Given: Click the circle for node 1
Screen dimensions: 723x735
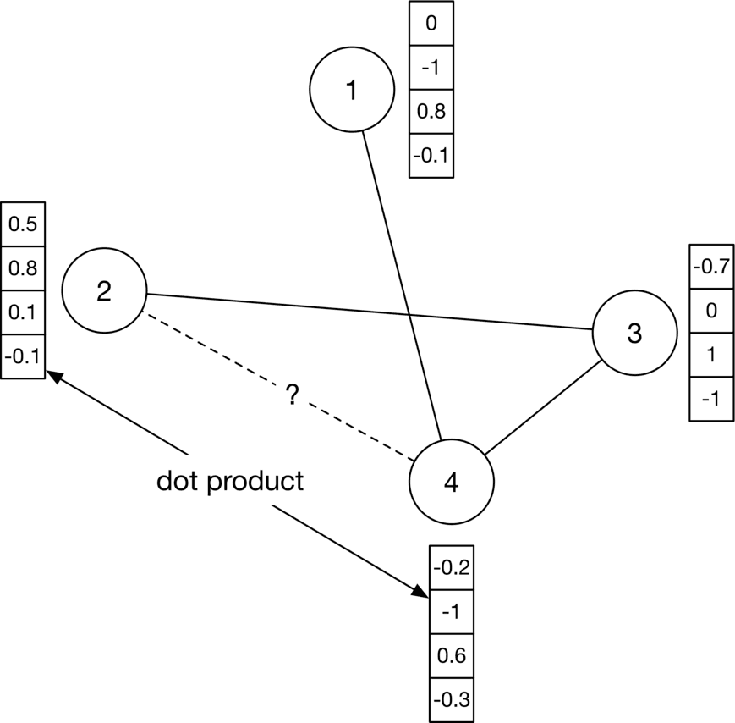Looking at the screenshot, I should point(352,90).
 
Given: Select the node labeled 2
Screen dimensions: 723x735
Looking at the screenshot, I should point(104,290).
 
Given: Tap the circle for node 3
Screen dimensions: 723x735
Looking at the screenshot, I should point(634,334).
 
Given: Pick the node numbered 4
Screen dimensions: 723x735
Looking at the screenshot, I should point(451,482).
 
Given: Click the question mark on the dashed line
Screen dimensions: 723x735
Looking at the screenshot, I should point(293,395).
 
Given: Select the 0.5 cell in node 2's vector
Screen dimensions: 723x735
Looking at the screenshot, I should point(23,224).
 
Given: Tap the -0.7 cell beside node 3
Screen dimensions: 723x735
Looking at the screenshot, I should point(710,268).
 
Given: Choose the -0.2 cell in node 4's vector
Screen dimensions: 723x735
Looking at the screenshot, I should point(451,568).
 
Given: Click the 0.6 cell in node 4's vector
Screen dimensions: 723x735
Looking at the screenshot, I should point(451,656).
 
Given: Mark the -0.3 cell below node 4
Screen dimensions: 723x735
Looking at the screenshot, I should point(451,700).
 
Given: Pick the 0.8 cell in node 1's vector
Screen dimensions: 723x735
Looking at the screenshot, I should point(431,112).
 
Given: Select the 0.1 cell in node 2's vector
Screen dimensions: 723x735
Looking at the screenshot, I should point(23,312).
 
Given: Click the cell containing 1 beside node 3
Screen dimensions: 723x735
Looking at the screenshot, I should point(710,355).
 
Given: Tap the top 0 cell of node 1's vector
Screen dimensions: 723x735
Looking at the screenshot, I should point(431,24).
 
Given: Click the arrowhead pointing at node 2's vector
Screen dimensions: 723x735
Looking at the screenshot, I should point(53,375).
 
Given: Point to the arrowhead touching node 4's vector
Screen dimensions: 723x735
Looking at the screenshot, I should point(421,592).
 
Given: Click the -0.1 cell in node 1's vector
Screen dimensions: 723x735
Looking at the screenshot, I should point(431,156).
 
